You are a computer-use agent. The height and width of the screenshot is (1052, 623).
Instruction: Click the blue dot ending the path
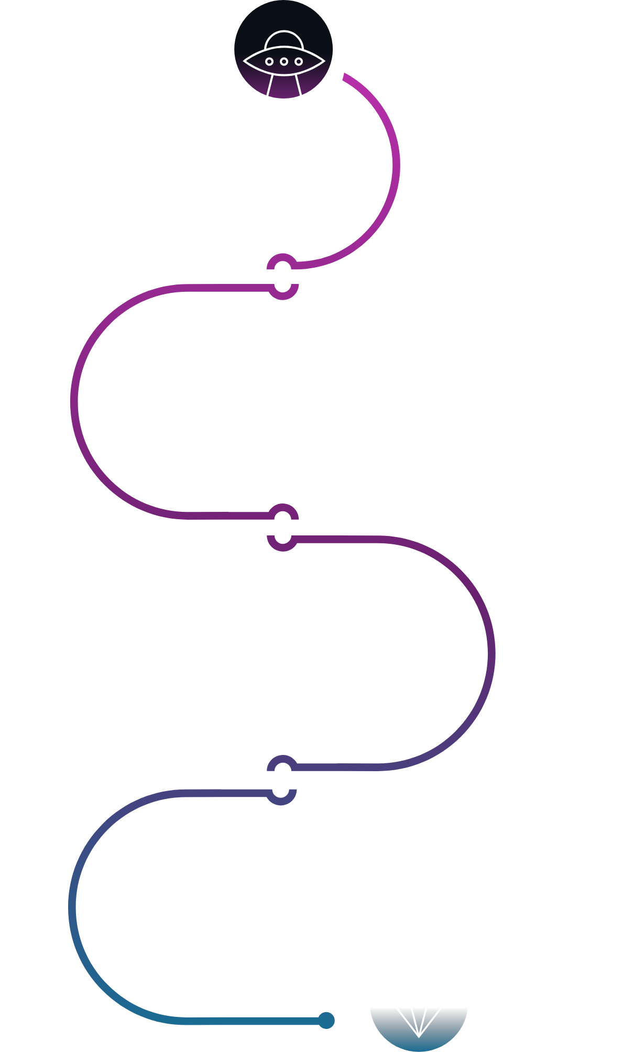326,1020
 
